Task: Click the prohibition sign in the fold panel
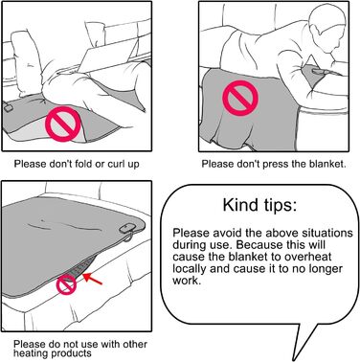click(x=63, y=124)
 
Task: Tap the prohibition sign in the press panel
click(x=240, y=98)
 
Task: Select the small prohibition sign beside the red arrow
click(x=67, y=284)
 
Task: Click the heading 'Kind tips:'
click(x=259, y=205)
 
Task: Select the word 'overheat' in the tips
click(x=307, y=257)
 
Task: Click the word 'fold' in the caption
click(x=83, y=164)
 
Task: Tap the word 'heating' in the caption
click(x=31, y=353)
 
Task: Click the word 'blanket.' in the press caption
click(x=327, y=164)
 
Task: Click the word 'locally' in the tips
click(x=190, y=269)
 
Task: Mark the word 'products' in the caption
click(x=71, y=353)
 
